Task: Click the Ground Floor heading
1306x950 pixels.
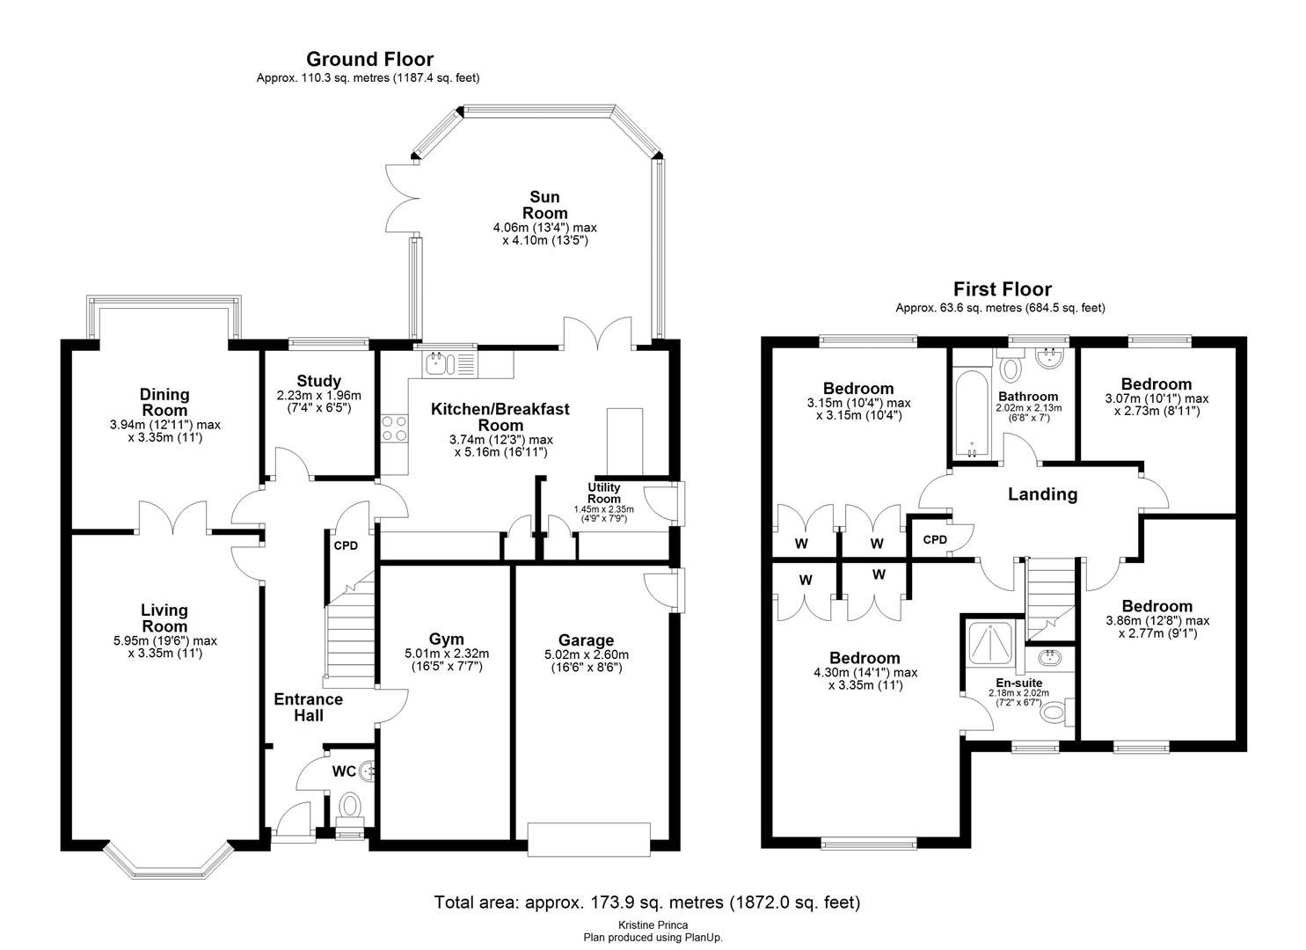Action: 369,59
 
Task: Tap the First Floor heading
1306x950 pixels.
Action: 1002,289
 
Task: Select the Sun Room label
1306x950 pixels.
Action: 544,205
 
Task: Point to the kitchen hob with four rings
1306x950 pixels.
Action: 393,428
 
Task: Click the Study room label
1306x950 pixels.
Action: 318,381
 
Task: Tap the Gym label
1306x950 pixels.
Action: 446,639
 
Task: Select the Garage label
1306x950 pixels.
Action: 586,639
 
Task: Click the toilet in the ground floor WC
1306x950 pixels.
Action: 351,806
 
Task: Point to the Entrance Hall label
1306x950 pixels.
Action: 308,707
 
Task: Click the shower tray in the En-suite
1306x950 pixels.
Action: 992,646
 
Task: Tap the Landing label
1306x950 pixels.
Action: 1042,494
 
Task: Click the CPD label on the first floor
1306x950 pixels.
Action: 935,539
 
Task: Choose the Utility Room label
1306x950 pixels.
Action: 603,493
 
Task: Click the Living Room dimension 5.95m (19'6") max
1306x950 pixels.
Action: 165,640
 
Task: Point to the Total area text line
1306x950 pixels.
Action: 646,902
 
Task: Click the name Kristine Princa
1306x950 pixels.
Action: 653,925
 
